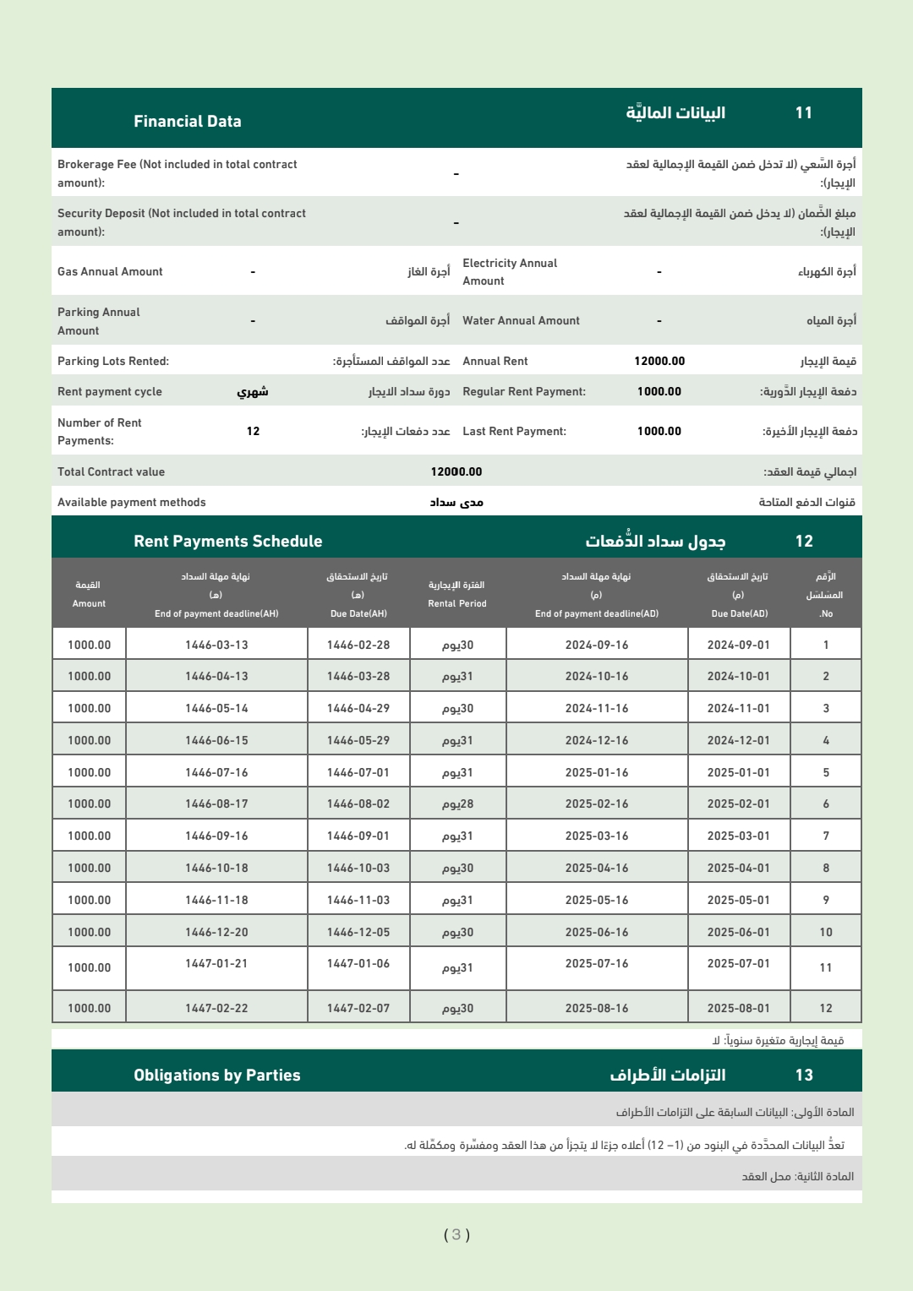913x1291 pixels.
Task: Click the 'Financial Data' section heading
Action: [x=187, y=122]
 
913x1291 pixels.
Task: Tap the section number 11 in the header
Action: [x=803, y=113]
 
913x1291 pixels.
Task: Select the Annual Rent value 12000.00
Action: [x=659, y=362]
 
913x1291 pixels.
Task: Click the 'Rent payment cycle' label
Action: [x=110, y=392]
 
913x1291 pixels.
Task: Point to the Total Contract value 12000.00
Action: [x=456, y=472]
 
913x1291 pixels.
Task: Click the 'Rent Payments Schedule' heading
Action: [x=227, y=542]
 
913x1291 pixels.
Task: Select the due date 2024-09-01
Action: [x=738, y=645]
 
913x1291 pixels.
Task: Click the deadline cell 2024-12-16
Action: [x=597, y=741]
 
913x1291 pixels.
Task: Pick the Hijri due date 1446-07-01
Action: [x=358, y=773]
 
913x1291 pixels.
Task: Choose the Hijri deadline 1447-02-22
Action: [x=216, y=1009]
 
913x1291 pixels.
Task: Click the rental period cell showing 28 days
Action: [x=457, y=804]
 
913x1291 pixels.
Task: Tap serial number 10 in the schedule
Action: [x=826, y=933]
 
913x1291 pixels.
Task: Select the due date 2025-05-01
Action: [x=738, y=901]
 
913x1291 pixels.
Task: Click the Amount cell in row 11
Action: [x=89, y=968]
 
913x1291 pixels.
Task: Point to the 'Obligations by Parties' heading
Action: [x=216, y=1076]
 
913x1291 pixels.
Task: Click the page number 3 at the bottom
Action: [x=456, y=1235]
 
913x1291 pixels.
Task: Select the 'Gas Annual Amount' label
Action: [x=110, y=272]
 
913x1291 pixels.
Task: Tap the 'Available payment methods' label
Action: [x=132, y=503]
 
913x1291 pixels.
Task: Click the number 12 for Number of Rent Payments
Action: [x=253, y=432]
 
